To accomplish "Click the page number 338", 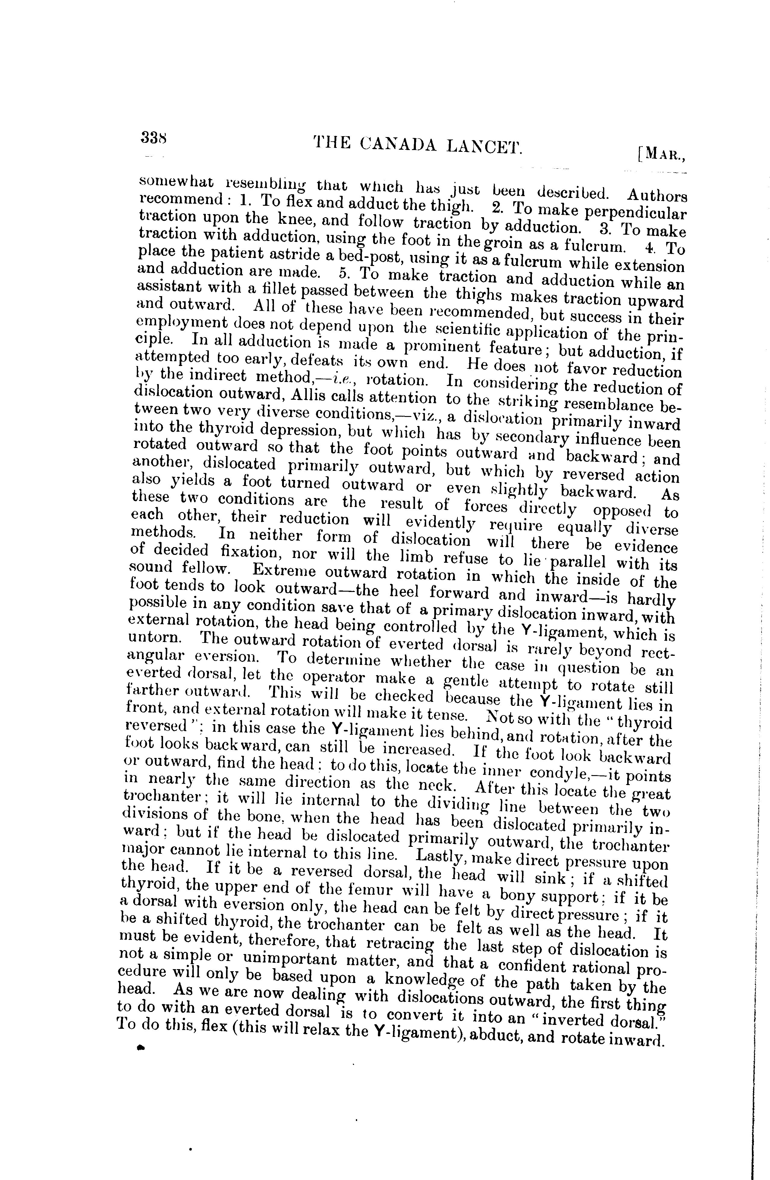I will pyautogui.click(x=154, y=137).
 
